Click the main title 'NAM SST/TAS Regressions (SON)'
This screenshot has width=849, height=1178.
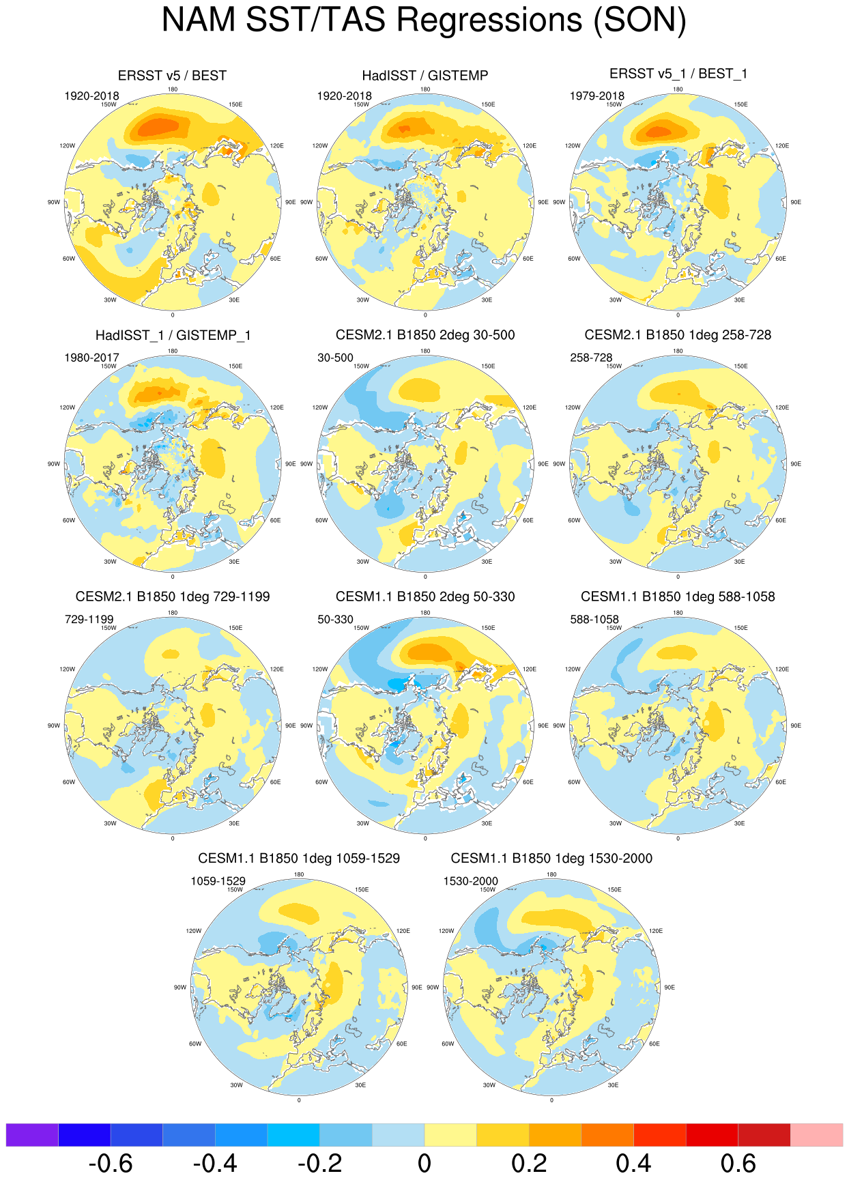coord(424,20)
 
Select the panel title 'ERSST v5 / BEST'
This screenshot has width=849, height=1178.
coord(172,76)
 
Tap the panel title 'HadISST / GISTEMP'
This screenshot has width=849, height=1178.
coord(425,76)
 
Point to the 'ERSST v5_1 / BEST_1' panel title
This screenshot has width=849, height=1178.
coord(678,74)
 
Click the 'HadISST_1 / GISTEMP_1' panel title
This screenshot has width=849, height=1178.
coord(173,336)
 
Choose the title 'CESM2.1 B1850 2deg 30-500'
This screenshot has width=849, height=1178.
coord(425,335)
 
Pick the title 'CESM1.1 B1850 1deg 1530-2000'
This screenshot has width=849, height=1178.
coord(551,859)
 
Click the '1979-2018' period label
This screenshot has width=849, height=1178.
coord(597,96)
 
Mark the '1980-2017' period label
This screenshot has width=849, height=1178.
coord(91,358)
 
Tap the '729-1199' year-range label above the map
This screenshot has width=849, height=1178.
coord(89,620)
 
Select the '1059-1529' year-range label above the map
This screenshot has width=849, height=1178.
coord(218,881)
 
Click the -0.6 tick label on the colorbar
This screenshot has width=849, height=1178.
coord(110,1163)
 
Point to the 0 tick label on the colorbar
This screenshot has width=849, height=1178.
coord(424,1163)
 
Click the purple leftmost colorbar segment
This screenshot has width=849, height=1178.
coord(32,1135)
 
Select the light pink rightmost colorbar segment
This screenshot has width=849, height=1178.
coord(816,1135)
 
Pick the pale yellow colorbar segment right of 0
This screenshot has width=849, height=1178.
coord(450,1135)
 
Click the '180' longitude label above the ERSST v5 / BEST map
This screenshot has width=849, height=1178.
coord(173,89)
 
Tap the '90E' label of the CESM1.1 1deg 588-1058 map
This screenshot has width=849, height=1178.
coord(796,726)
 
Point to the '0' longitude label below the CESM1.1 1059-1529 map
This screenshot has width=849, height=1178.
coord(299,1100)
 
